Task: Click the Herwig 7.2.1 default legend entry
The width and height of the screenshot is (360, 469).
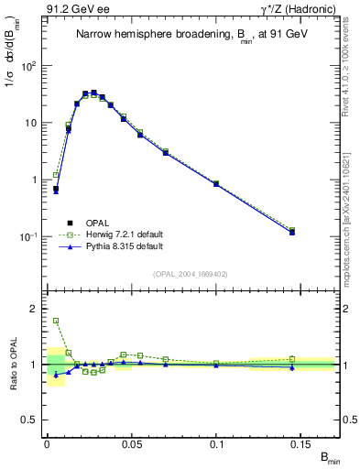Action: pos(119,234)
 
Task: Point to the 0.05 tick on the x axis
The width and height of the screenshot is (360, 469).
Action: pos(131,443)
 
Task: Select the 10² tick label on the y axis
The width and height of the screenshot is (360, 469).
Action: pos(30,66)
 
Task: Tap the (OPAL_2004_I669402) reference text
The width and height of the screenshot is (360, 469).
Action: pos(180,274)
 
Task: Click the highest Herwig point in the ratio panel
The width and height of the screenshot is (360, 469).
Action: pos(56,321)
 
